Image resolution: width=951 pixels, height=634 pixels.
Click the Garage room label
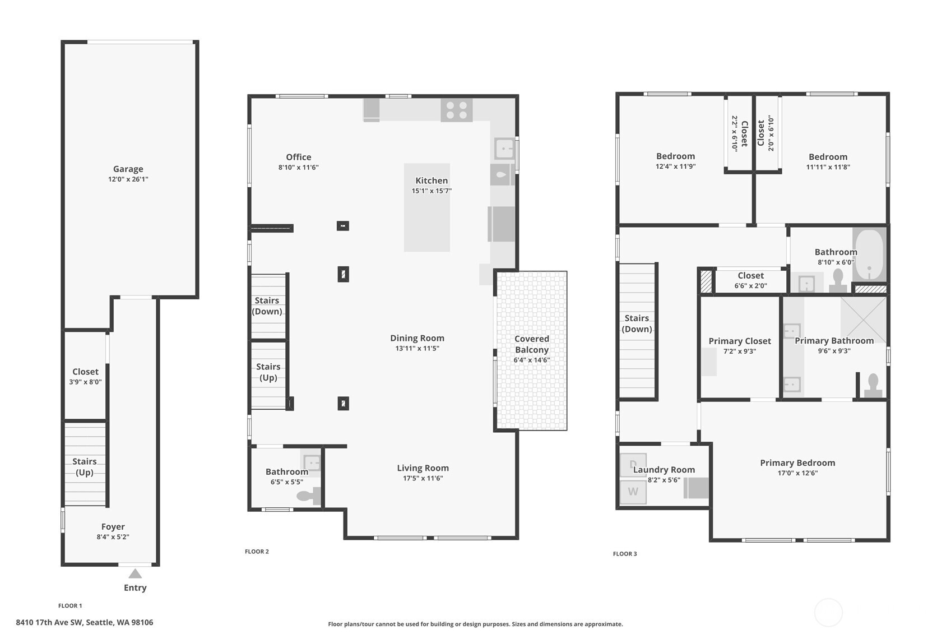[x=128, y=169]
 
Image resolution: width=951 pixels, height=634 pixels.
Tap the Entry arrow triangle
[x=135, y=573]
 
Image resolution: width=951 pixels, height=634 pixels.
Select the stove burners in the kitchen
[x=456, y=110]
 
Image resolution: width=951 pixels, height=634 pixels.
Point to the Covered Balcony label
[x=531, y=344]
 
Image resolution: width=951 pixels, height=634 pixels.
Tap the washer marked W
[x=633, y=492]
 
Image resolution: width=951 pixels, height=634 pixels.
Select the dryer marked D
[x=633, y=464]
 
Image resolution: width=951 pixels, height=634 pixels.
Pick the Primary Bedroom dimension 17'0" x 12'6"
[x=797, y=473]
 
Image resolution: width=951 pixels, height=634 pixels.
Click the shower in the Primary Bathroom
[x=864, y=319]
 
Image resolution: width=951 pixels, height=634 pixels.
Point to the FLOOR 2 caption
[x=257, y=552]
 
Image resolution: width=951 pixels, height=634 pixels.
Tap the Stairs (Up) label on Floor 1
[x=84, y=466]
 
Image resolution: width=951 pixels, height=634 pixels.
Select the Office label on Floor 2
[x=298, y=157]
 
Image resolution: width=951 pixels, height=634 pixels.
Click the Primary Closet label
[x=739, y=341]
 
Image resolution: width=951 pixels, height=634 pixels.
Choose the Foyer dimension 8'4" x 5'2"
[x=113, y=537]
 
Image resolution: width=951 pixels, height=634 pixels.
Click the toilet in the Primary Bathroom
[x=873, y=386]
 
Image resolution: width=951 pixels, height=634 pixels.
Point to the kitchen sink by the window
[x=504, y=149]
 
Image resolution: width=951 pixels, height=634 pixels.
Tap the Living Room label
[x=423, y=468]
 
